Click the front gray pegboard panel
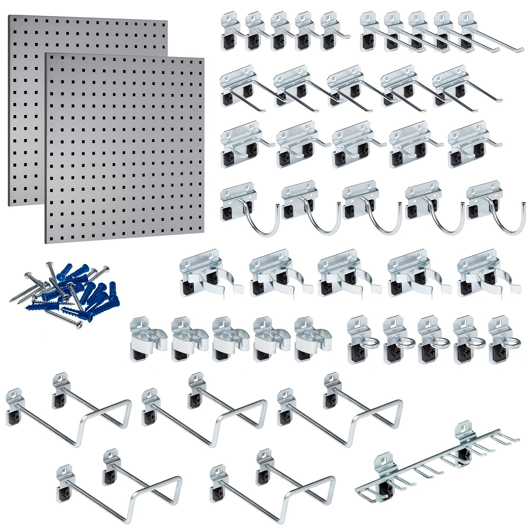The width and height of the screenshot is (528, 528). click(124, 148)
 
